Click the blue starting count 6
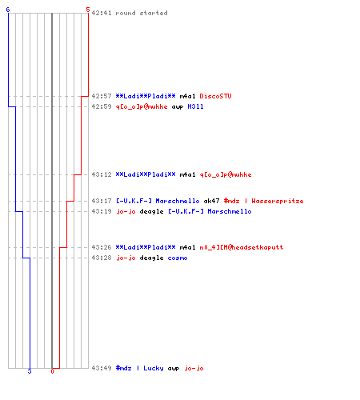pos(8,10)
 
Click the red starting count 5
pos(88,10)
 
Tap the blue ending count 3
pos(30,371)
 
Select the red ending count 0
pos(52,371)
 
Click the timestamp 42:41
pos(102,13)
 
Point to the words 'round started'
pos(142,13)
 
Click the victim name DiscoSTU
pos(215,96)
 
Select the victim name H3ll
pos(195,106)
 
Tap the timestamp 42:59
pos(102,106)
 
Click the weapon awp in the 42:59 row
pos(178,107)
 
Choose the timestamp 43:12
pos(102,174)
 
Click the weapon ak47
pos(211,201)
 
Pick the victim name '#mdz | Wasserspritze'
pos(263,201)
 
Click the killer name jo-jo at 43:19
pos(126,211)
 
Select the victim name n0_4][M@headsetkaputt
pos(242,247)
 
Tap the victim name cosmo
pos(178,258)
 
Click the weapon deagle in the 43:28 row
pos(151,258)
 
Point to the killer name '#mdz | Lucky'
pos(140,368)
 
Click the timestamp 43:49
pos(102,368)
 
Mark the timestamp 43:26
pos(102,247)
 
